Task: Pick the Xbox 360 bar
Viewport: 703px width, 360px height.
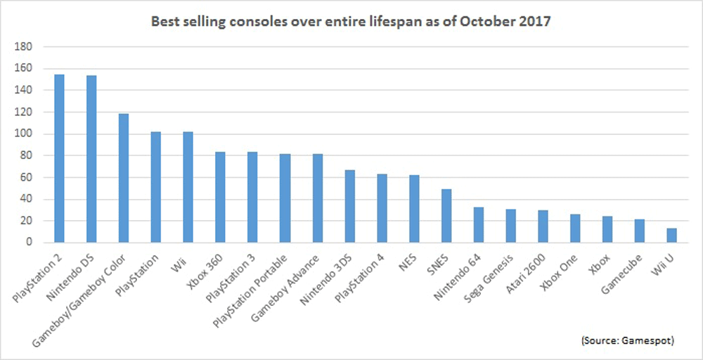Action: click(220, 197)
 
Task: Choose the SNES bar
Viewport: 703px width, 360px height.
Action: click(446, 215)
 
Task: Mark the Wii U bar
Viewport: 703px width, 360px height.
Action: click(671, 235)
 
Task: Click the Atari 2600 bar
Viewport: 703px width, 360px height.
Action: click(543, 226)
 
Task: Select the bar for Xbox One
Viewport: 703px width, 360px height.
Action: click(575, 228)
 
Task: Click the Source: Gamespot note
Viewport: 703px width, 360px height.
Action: click(629, 340)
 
